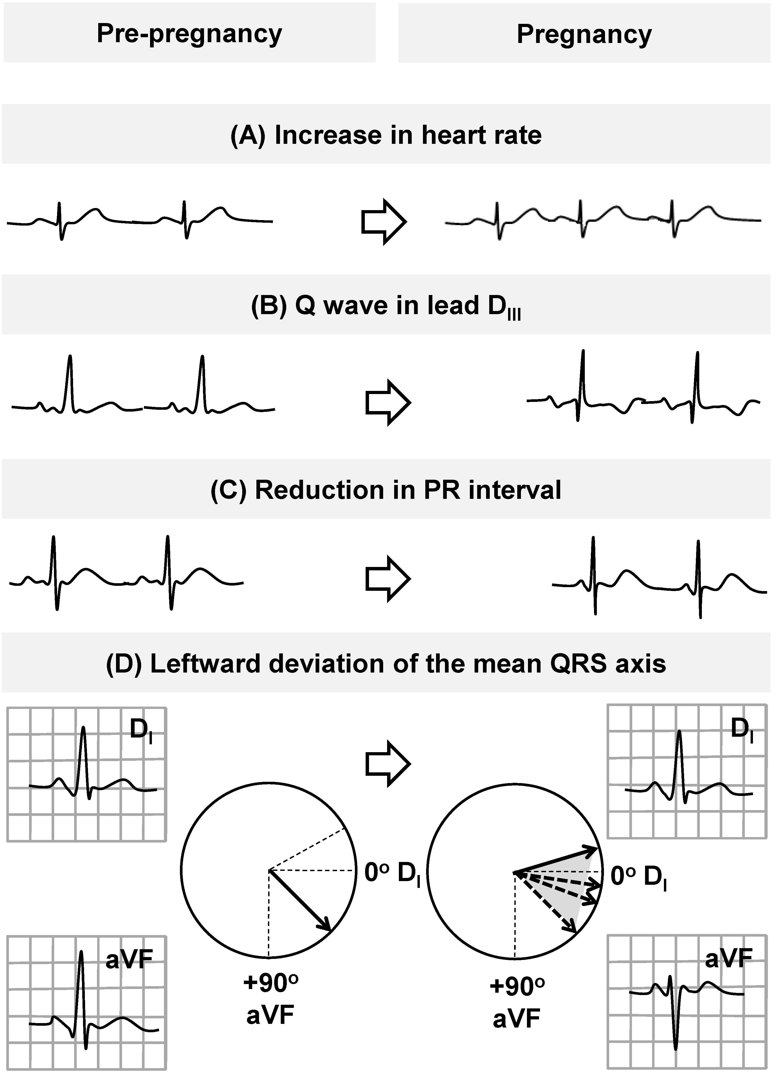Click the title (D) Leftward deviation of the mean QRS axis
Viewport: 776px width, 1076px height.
click(x=386, y=663)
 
